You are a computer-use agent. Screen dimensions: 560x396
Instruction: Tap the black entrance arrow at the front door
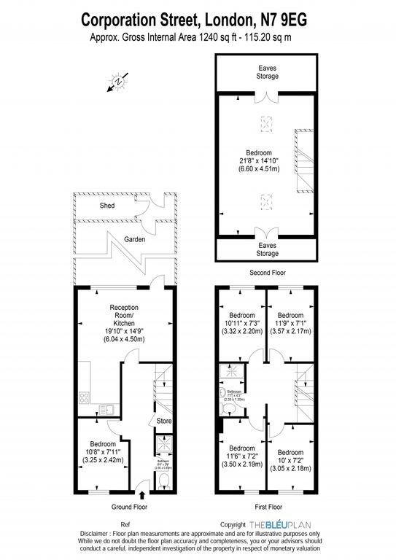coord(141,486)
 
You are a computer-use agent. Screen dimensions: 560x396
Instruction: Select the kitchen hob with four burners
coord(84,399)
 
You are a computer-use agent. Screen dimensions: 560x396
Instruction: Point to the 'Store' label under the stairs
coord(163,421)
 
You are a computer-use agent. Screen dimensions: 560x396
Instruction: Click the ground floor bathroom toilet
coord(164,478)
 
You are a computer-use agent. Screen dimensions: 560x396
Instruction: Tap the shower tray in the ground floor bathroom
coord(162,444)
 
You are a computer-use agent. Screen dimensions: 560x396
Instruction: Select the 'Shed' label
coord(108,206)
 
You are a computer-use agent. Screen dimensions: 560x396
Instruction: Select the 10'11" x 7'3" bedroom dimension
coord(241,321)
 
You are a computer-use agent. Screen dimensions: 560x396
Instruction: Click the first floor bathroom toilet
coord(222,391)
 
